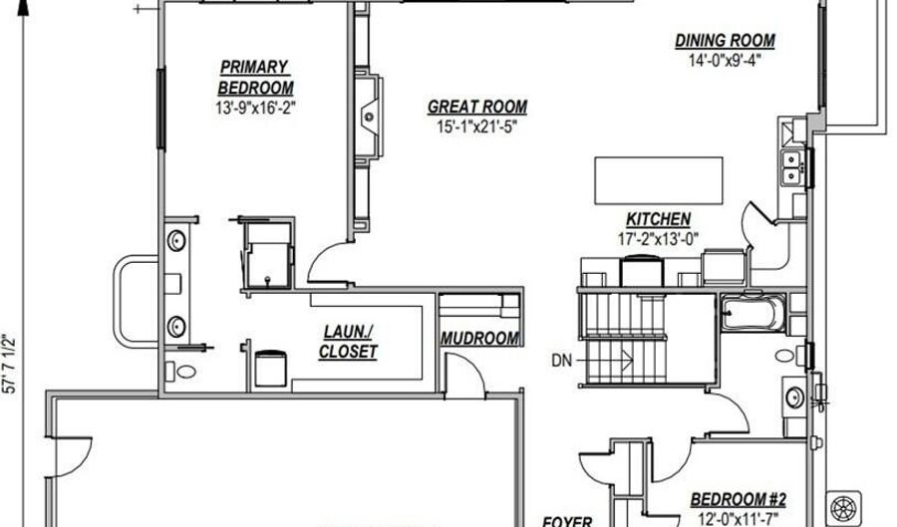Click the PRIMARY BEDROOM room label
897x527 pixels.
(x=255, y=77)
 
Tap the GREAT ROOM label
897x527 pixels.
(x=477, y=107)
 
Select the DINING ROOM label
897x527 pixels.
(x=725, y=41)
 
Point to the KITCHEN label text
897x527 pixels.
(x=658, y=219)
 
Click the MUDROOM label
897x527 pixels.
(x=479, y=339)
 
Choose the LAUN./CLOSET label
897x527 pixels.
(x=348, y=342)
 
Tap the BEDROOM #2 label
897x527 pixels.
(x=738, y=499)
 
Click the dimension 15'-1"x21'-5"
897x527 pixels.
(x=477, y=127)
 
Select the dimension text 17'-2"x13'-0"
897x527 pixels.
(x=658, y=238)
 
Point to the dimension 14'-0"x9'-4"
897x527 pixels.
(x=725, y=60)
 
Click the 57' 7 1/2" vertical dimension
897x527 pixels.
(x=10, y=364)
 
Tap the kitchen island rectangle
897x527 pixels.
(x=659, y=180)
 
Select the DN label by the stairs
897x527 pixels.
(x=561, y=361)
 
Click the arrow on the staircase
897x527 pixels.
(x=606, y=360)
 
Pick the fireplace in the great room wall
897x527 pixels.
(x=370, y=117)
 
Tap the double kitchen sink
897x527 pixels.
(x=791, y=167)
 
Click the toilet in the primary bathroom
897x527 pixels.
(x=180, y=372)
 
